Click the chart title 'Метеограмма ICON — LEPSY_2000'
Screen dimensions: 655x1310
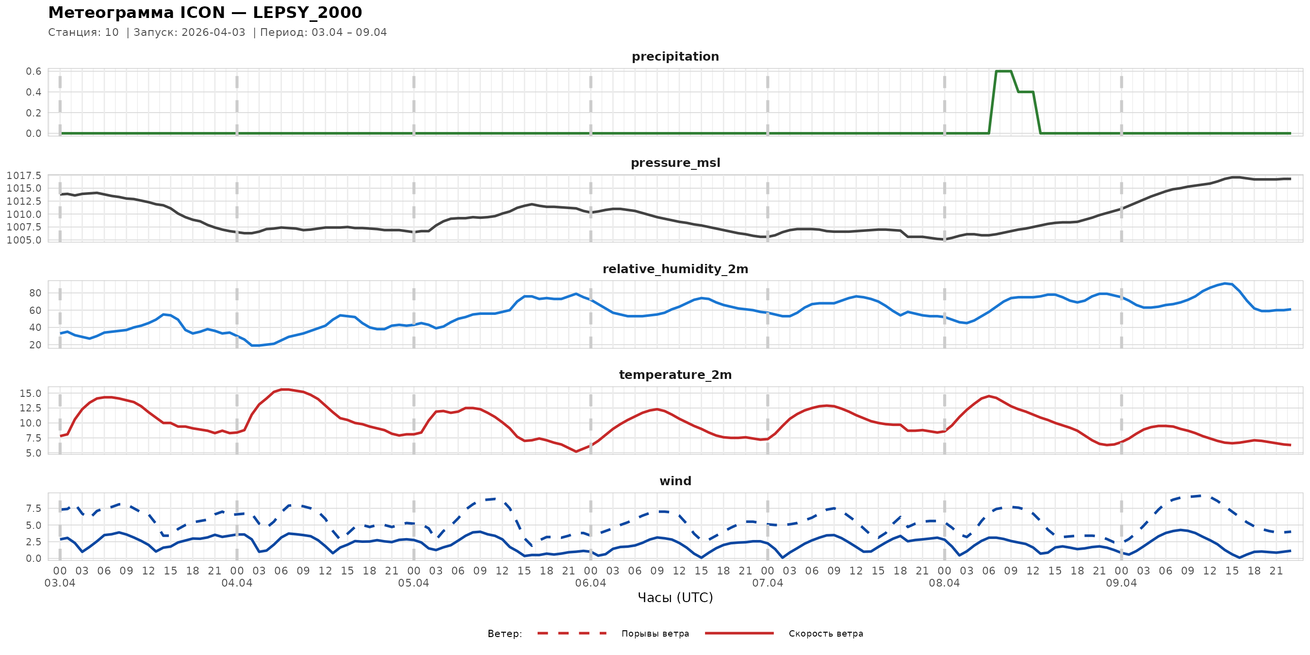[205, 12]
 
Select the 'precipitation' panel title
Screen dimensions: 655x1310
[675, 56]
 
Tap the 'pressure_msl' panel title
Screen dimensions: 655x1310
[675, 163]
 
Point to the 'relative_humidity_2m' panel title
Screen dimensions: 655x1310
[675, 269]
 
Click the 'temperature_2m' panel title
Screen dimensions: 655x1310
[675, 375]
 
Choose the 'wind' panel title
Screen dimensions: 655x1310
[675, 481]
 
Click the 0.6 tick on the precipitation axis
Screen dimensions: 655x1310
[33, 71]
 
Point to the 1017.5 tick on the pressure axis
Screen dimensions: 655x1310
[24, 176]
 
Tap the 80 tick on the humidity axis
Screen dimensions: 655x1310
[35, 293]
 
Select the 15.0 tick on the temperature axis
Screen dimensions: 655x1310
[31, 393]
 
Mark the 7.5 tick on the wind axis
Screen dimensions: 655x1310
[33, 508]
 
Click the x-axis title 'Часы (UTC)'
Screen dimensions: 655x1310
[675, 598]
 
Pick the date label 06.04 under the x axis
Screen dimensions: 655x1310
[590, 583]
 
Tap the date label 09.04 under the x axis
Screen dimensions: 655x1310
[1121, 583]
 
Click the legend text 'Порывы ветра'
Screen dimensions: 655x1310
[655, 634]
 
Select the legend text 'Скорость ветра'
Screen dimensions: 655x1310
[825, 634]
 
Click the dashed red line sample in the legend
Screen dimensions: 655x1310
[572, 633]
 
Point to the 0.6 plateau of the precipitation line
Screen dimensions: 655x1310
[1003, 71]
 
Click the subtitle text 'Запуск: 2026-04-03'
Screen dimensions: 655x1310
[189, 33]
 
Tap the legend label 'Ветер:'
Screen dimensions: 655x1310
[505, 634]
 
